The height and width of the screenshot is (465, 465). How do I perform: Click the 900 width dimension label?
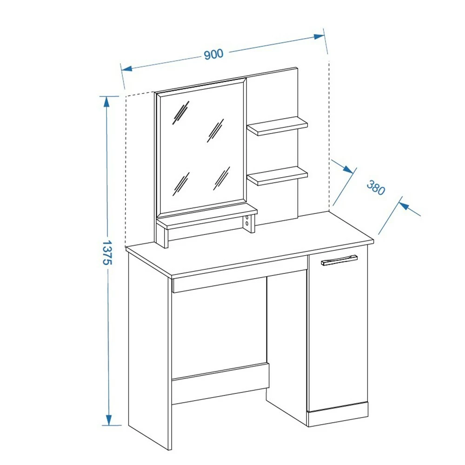point(213,54)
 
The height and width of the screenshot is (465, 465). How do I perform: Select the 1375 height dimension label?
point(106,252)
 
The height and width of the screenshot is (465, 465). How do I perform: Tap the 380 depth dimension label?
point(376,187)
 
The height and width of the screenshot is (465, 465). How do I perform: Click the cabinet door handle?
point(339,259)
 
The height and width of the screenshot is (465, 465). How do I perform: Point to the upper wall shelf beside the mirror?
point(277,126)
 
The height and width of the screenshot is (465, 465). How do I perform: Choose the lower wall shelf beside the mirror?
point(277,176)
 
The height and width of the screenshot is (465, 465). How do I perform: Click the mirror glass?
point(201,146)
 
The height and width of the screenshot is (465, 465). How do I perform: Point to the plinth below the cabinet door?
point(338,414)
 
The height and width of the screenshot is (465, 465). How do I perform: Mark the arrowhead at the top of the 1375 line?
point(106,101)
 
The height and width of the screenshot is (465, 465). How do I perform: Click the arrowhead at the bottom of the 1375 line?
point(109,420)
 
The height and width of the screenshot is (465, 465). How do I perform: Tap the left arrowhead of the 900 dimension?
point(126,69)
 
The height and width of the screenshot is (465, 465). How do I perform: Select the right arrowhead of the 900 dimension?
point(319,37)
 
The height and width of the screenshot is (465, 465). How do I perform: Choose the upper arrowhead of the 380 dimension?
point(348,169)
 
